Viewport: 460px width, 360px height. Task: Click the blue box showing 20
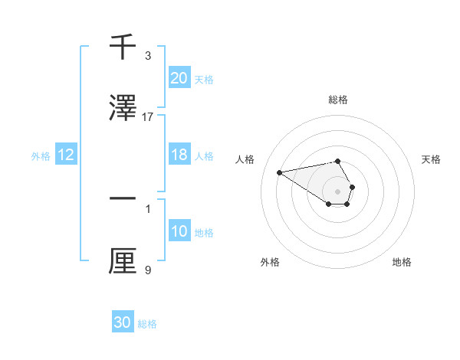(179, 78)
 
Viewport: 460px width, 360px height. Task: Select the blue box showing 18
(179, 155)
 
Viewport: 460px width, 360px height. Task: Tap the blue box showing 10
(179, 231)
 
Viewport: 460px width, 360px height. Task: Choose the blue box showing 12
(65, 155)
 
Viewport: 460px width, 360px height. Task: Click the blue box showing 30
(123, 322)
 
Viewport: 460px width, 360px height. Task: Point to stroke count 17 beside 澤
(148, 117)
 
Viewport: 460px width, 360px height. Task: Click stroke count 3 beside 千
(148, 56)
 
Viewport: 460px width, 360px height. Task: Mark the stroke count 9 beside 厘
(148, 270)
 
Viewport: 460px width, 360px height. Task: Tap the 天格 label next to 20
(204, 79)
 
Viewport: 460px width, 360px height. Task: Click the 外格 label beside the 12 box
(41, 156)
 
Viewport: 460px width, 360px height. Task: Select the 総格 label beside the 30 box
(147, 324)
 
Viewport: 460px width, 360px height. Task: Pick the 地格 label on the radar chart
(402, 262)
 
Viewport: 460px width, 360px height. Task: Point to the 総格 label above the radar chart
(337, 100)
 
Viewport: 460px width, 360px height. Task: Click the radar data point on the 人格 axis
(279, 172)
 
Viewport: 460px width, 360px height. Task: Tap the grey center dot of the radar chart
(337, 191)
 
